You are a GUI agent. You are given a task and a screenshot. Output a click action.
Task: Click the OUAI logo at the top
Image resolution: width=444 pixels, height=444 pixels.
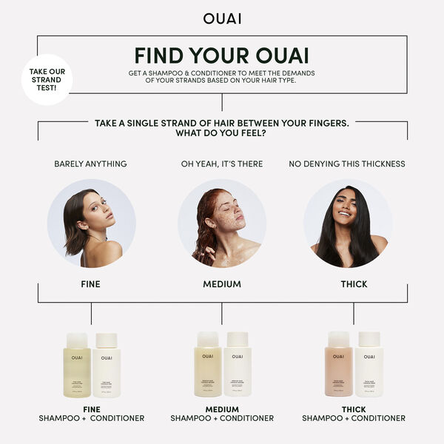point(221,18)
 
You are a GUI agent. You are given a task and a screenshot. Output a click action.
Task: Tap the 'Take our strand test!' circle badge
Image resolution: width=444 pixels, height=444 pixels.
point(46,79)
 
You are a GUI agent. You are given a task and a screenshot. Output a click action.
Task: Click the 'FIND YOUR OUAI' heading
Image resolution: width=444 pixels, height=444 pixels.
point(221,55)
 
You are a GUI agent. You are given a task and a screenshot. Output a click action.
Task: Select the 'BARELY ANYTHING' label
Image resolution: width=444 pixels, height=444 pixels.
point(90,164)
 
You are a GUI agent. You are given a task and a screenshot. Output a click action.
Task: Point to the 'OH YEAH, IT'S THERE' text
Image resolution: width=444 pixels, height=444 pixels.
point(222,164)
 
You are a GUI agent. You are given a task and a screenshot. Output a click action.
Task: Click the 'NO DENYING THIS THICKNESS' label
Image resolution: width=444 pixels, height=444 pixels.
point(347,164)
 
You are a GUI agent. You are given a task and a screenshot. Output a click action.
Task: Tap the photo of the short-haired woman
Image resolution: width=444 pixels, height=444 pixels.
point(91,223)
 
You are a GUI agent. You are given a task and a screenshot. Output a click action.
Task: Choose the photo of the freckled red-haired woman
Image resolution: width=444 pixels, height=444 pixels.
point(222,223)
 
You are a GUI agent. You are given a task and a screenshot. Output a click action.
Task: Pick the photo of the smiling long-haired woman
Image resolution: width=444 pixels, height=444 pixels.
point(348,223)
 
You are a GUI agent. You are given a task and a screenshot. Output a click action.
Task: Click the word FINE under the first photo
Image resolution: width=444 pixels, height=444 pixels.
point(90,284)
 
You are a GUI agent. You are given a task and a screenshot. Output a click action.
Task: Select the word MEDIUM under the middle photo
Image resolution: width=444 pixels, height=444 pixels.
point(222,284)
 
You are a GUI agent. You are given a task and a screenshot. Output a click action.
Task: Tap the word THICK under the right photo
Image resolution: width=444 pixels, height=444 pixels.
point(354,284)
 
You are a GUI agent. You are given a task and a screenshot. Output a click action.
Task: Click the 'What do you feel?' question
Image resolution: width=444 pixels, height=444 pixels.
point(221,134)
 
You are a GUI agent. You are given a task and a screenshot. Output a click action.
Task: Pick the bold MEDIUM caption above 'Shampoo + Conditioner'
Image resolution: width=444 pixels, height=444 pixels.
point(222,409)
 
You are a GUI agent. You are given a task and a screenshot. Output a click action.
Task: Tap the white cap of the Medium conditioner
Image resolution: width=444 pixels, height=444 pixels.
point(237,339)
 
